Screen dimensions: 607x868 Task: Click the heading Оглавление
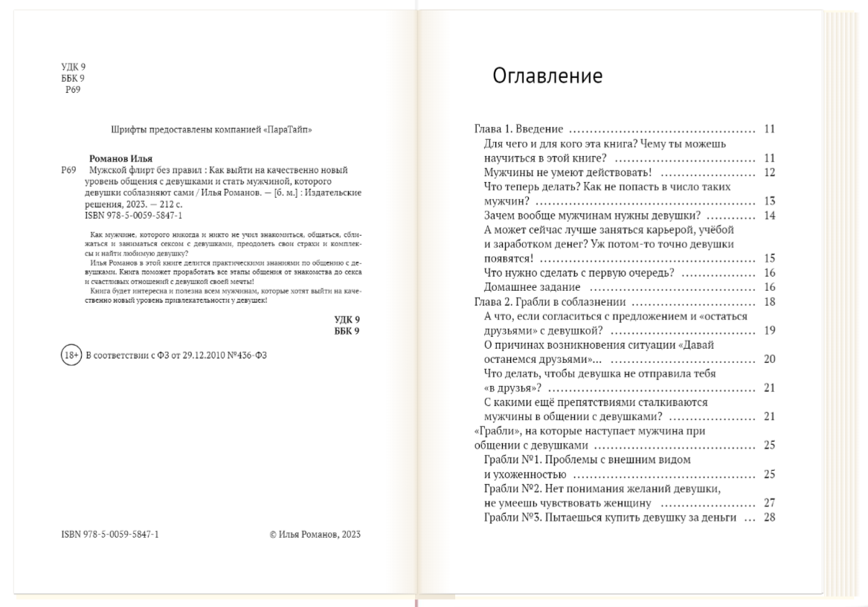(x=547, y=77)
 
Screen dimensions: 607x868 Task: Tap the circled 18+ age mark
(x=71, y=356)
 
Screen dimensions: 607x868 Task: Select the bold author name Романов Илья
(x=120, y=158)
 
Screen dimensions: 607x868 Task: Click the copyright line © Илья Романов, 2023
(x=315, y=534)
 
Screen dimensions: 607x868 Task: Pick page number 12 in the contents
(x=769, y=173)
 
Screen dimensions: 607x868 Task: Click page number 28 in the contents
(x=769, y=517)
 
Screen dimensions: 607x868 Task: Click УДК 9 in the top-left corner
(x=73, y=67)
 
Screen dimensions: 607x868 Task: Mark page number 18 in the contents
(x=769, y=301)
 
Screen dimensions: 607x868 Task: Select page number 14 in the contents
(x=769, y=216)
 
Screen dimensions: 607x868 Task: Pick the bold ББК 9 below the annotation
(x=347, y=331)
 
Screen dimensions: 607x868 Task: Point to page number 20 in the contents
(x=769, y=359)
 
